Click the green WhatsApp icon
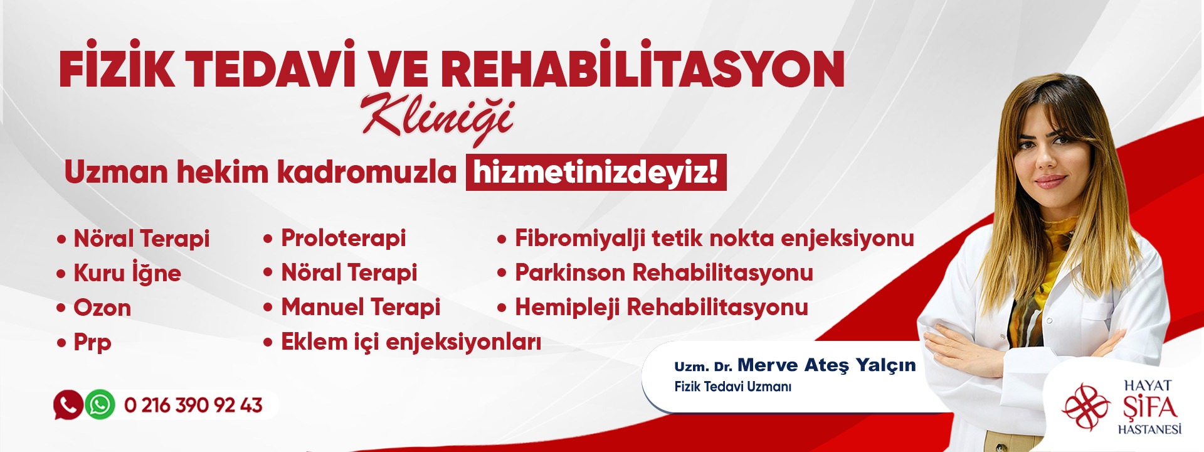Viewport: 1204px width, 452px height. tap(100, 404)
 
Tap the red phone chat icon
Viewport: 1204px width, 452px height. tap(68, 404)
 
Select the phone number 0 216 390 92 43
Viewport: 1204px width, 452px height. tap(193, 405)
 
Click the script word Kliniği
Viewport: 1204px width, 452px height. tap(438, 118)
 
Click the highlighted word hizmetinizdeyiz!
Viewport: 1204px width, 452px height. tap(596, 172)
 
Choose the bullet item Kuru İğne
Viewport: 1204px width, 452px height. tap(127, 273)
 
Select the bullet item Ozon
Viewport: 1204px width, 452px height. tap(102, 308)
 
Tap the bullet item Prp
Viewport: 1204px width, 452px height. tap(92, 343)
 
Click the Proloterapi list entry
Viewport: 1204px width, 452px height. tap(343, 239)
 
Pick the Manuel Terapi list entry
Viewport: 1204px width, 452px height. tap(361, 307)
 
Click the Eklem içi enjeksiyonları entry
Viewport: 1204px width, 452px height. tap(411, 342)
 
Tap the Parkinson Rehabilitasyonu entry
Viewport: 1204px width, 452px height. tap(664, 272)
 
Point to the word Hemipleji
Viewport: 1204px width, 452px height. tap(568, 308)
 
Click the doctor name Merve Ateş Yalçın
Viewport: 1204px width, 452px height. tap(826, 365)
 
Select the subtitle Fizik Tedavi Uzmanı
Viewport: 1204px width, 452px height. tap(732, 387)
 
